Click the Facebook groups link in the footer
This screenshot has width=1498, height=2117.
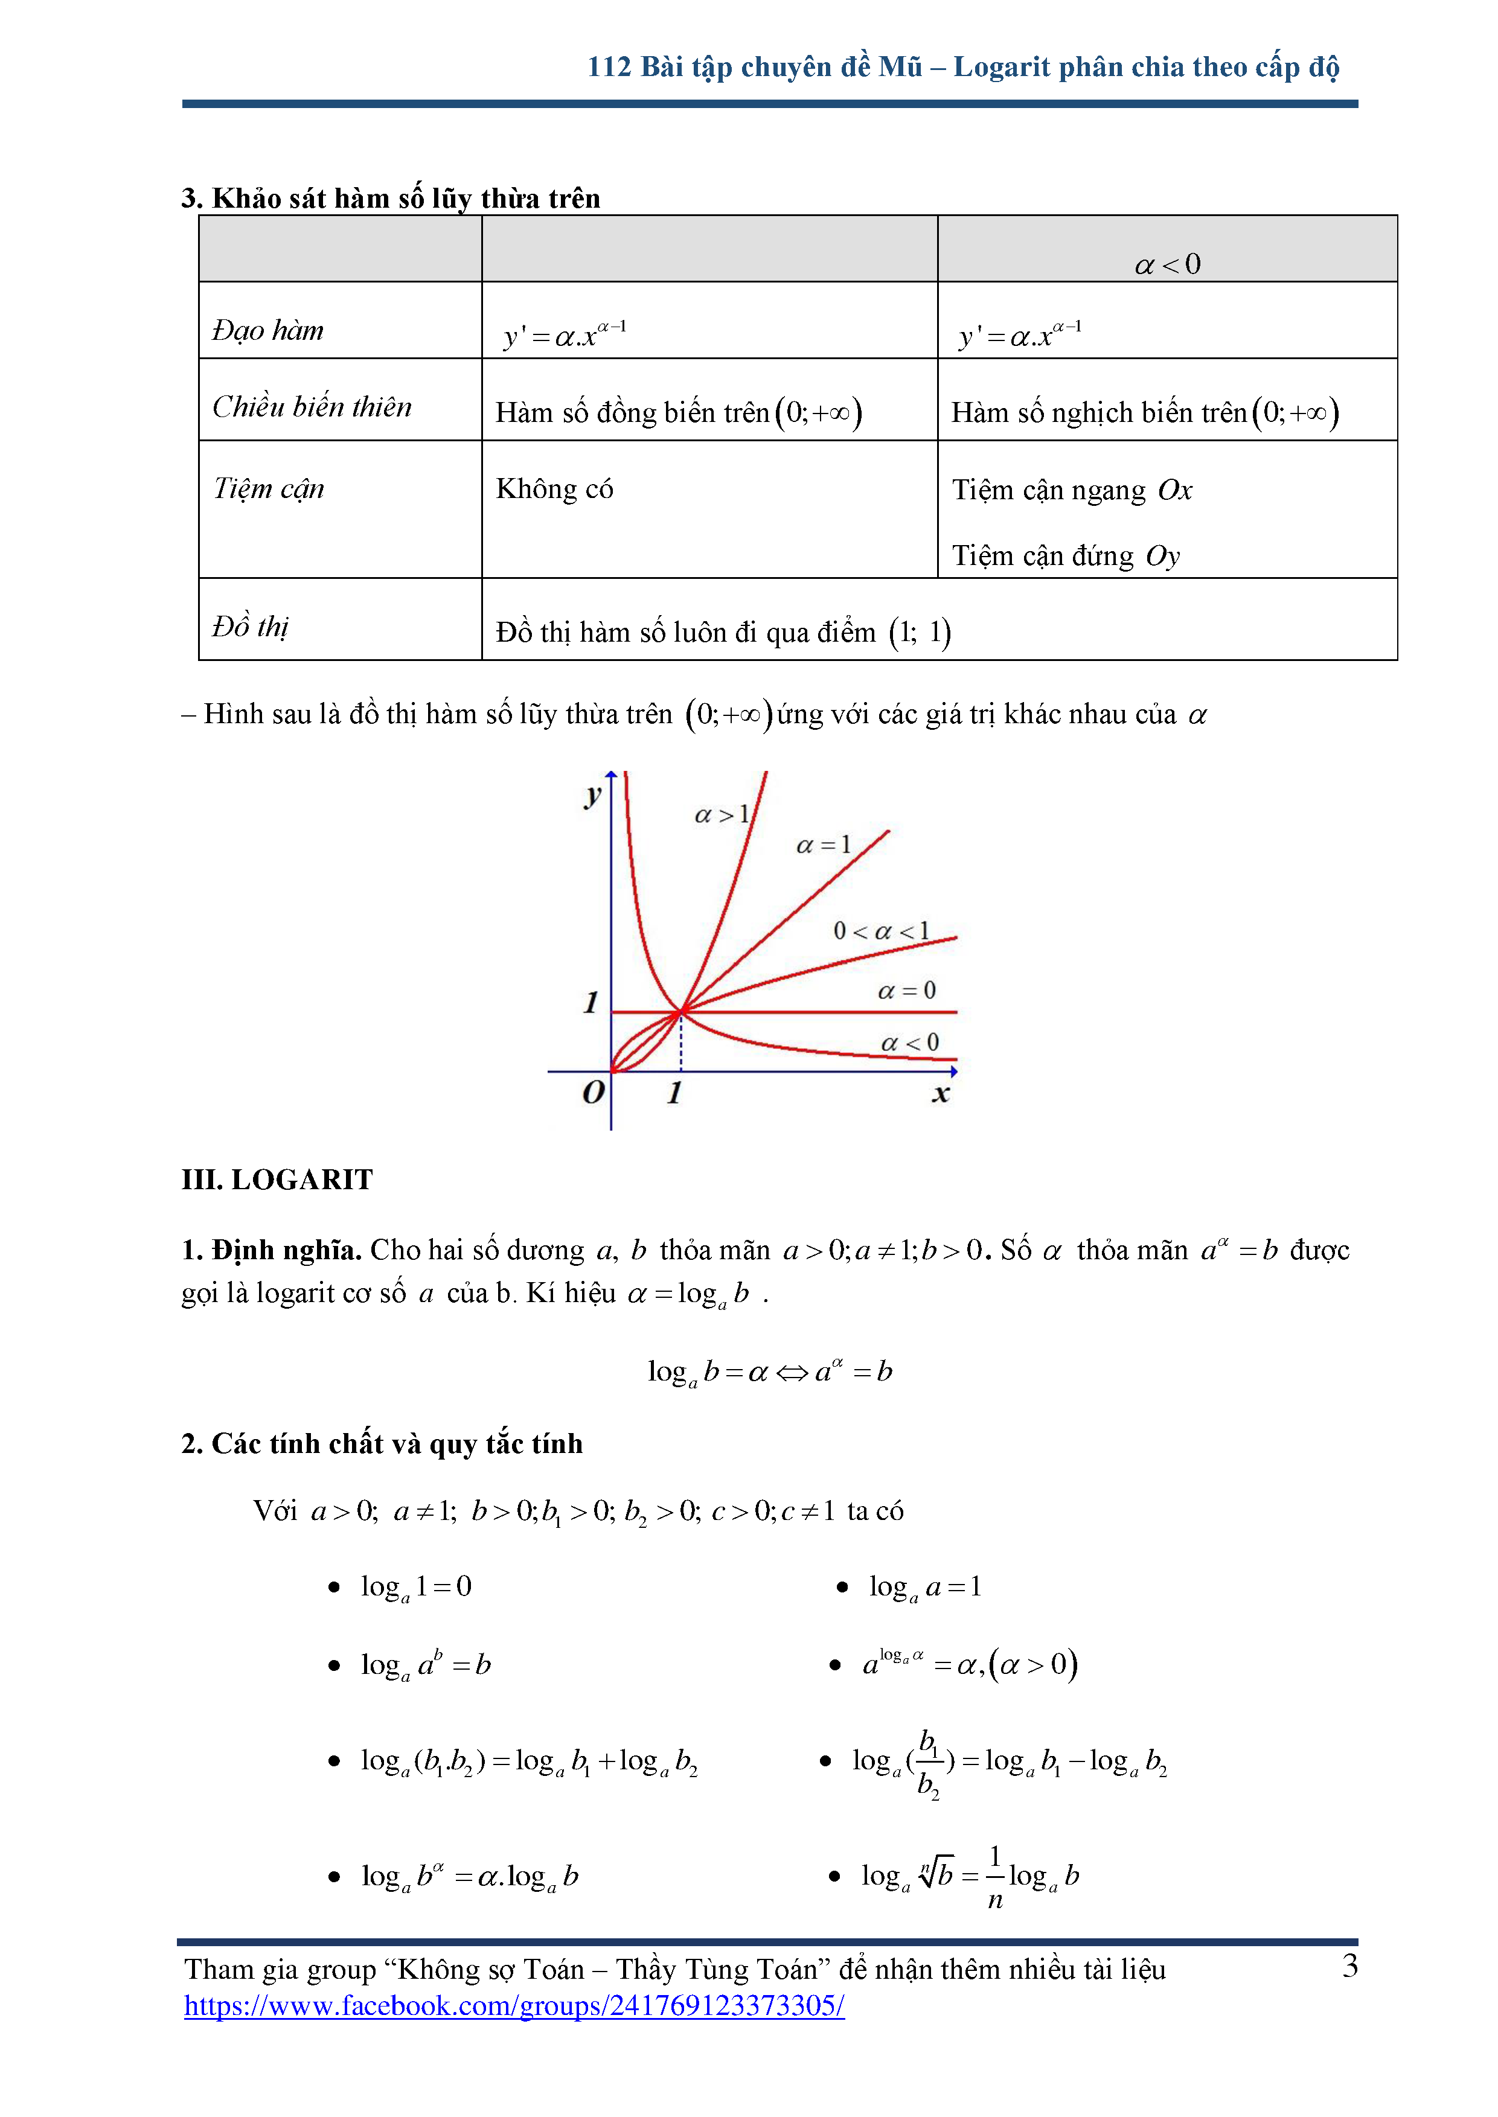514,2005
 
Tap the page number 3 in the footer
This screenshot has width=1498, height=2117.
1349,1967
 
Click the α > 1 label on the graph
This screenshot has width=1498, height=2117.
722,815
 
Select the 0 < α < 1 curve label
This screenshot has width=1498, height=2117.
881,931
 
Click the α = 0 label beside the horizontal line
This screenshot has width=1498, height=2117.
906,991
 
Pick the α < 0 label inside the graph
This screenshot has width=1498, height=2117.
909,1043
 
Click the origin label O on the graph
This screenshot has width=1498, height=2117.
593,1093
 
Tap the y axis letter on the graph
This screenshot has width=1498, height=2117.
592,795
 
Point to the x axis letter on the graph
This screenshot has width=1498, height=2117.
940,1094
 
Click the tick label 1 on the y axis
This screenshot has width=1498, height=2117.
591,1002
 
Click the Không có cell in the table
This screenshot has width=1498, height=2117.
554,489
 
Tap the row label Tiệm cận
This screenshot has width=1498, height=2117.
269,489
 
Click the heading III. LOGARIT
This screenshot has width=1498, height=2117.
277,1180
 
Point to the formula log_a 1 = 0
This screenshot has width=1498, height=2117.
416,1587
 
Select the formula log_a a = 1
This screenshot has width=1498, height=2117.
924,1587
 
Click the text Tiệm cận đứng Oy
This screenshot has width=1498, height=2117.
1066,556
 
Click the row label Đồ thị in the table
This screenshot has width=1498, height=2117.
250,627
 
